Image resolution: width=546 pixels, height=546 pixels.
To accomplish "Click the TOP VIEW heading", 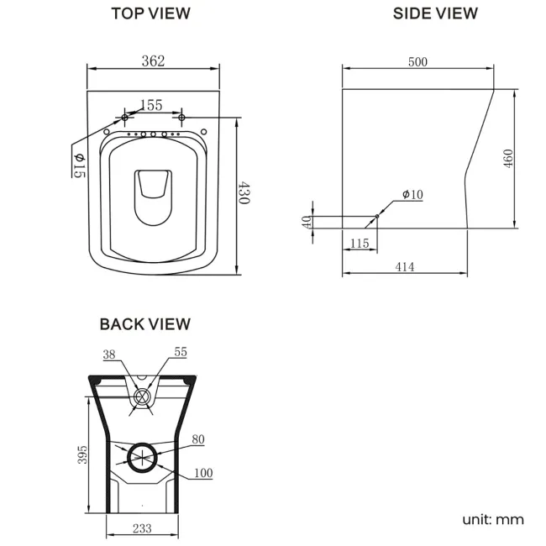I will click(x=150, y=13).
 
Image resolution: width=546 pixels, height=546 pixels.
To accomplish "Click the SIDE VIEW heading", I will click(x=435, y=13).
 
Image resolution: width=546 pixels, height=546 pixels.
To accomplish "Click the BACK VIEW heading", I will click(x=144, y=323).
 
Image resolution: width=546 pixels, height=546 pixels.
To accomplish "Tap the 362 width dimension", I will click(x=153, y=60).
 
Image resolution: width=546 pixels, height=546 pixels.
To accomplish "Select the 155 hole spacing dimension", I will click(x=150, y=105).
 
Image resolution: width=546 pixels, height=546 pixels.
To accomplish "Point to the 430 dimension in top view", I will click(x=244, y=195).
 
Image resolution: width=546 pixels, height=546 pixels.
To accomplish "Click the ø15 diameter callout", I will click(x=79, y=165).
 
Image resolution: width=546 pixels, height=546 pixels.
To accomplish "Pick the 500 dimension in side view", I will click(x=417, y=61).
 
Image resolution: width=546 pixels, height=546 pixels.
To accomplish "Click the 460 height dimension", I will click(x=508, y=158).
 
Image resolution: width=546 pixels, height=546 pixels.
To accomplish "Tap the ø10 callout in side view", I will click(x=412, y=195).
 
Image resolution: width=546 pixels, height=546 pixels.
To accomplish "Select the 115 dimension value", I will click(x=359, y=243).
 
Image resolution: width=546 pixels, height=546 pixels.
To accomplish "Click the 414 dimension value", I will click(x=404, y=267).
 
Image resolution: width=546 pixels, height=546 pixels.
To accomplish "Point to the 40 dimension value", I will click(x=307, y=222).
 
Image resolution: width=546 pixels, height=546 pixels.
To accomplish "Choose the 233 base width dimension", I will click(x=142, y=528).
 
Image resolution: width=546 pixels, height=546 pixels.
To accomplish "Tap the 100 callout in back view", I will click(x=202, y=474).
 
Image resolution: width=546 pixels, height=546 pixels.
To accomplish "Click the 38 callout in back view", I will click(x=108, y=354).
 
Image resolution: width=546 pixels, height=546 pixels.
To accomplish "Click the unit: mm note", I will click(x=492, y=518).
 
